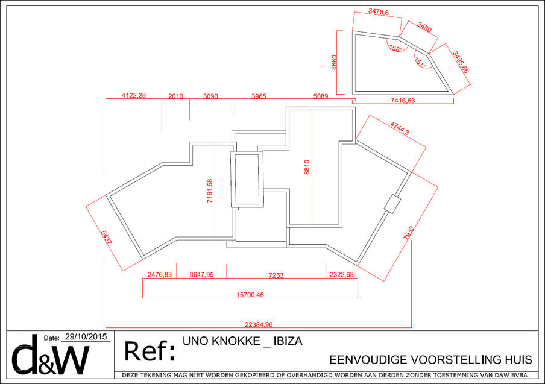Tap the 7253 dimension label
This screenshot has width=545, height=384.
276,275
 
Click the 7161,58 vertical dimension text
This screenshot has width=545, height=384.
210,191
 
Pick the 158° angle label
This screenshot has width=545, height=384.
395,48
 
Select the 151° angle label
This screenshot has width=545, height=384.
420,61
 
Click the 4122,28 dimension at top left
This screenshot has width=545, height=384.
134,96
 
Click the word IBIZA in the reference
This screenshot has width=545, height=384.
288,341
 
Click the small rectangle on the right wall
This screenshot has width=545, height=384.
392,204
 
